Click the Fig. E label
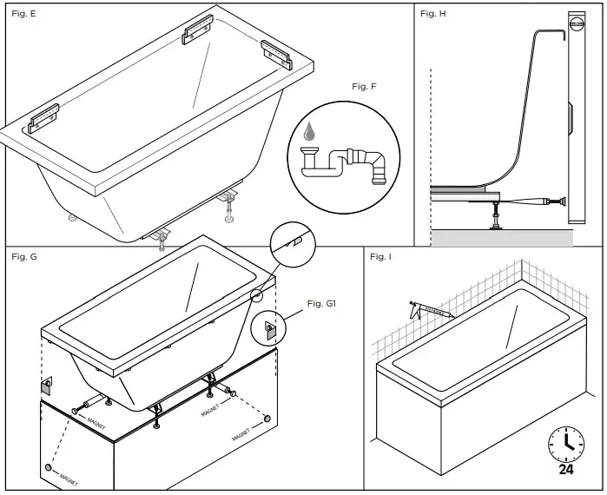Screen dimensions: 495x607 pos(24,15)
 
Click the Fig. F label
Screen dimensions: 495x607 pos(365,86)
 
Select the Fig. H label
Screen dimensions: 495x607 pos(433,15)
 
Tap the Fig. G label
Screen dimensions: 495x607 pos(24,257)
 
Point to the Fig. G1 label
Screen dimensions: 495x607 pos(321,303)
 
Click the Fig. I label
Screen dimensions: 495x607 pos(380,257)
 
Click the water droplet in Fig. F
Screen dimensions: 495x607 pos(308,131)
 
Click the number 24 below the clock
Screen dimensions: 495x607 pos(565,471)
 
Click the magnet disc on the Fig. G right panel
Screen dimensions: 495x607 pos(266,419)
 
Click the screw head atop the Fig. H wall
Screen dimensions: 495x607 pos(577,26)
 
